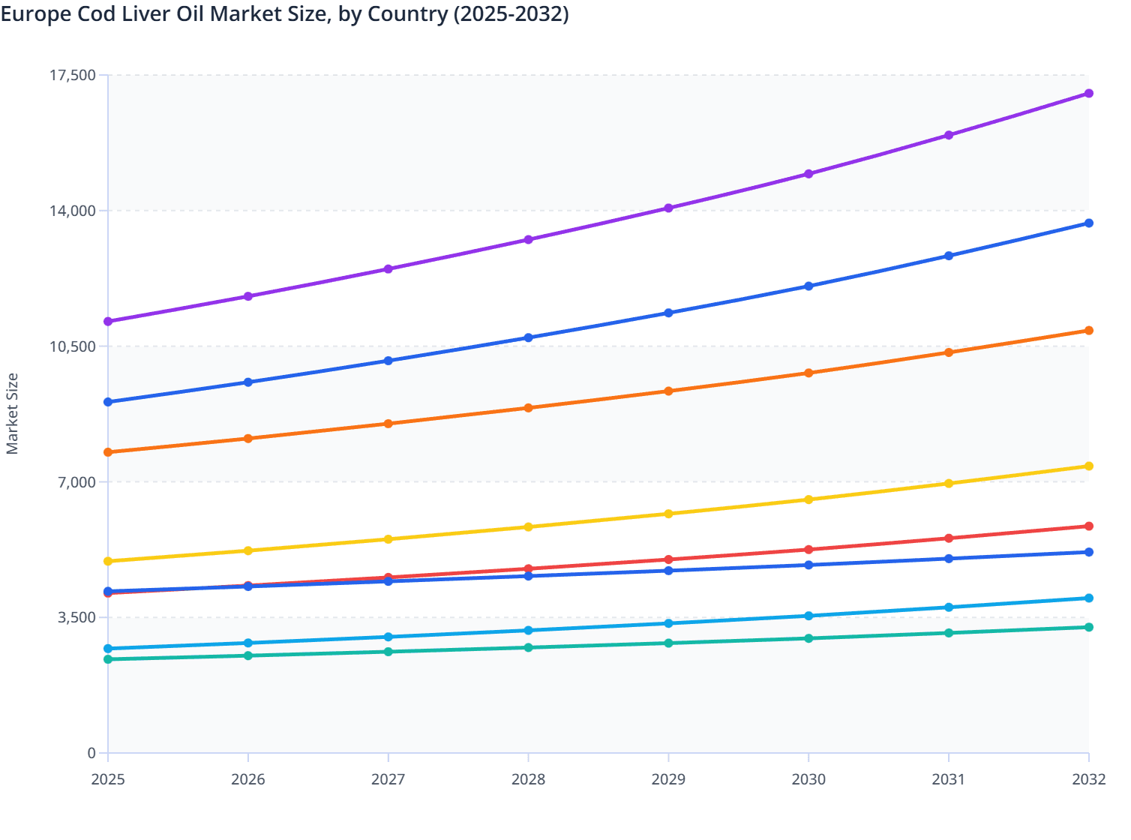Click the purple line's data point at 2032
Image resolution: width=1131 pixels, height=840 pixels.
coord(1088,93)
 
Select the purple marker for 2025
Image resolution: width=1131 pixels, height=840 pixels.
coord(108,321)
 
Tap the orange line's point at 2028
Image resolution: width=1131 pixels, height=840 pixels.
coord(528,408)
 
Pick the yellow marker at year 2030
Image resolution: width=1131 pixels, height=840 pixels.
coord(808,499)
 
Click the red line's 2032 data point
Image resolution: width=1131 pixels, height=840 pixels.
coord(1088,526)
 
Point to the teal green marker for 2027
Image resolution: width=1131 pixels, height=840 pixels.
coord(388,652)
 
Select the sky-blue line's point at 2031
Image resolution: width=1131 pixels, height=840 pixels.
coord(949,607)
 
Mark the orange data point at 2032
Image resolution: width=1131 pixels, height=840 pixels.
coord(1088,331)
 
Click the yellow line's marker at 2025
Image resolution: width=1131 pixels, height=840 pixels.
coord(108,561)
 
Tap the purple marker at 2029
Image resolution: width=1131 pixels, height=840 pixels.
coord(668,208)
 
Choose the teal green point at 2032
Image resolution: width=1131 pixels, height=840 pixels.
coord(1088,627)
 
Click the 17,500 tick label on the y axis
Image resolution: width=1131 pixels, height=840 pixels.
coord(72,75)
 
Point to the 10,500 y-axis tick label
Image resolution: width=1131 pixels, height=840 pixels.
coord(72,346)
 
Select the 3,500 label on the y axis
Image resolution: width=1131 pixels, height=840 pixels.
coord(76,618)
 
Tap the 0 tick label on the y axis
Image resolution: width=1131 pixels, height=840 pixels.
coord(91,753)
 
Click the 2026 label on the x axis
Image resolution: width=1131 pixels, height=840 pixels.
coord(248,779)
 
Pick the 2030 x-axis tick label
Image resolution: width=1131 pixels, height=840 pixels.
coord(808,779)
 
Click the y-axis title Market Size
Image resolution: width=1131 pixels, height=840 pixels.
coord(12,414)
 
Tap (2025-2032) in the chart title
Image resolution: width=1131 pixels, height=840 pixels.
coord(511,13)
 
